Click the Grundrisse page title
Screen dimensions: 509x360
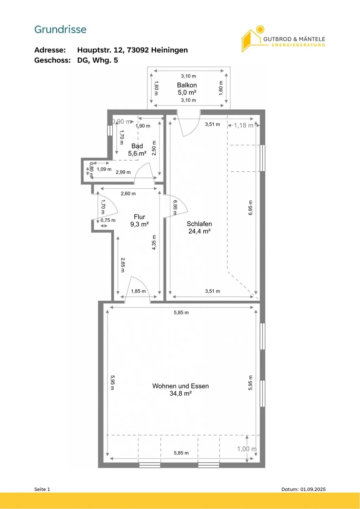(60, 30)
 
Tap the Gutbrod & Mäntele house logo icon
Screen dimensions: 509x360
(251, 39)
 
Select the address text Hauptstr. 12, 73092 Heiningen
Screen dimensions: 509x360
(132, 50)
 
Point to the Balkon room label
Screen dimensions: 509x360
(187, 85)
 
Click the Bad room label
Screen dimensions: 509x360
(137, 146)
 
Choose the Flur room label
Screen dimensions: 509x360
(139, 217)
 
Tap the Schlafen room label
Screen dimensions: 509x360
(199, 224)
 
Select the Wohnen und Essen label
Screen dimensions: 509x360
(181, 386)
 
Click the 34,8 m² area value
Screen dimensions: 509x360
(181, 394)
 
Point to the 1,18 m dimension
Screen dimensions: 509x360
(243, 126)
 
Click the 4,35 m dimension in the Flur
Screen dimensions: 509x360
(154, 243)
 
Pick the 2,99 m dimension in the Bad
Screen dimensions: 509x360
(123, 172)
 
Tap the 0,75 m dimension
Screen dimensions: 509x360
(108, 220)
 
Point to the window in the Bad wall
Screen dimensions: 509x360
(110, 131)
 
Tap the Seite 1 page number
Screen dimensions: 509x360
(42, 489)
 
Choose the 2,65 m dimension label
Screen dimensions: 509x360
(123, 265)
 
